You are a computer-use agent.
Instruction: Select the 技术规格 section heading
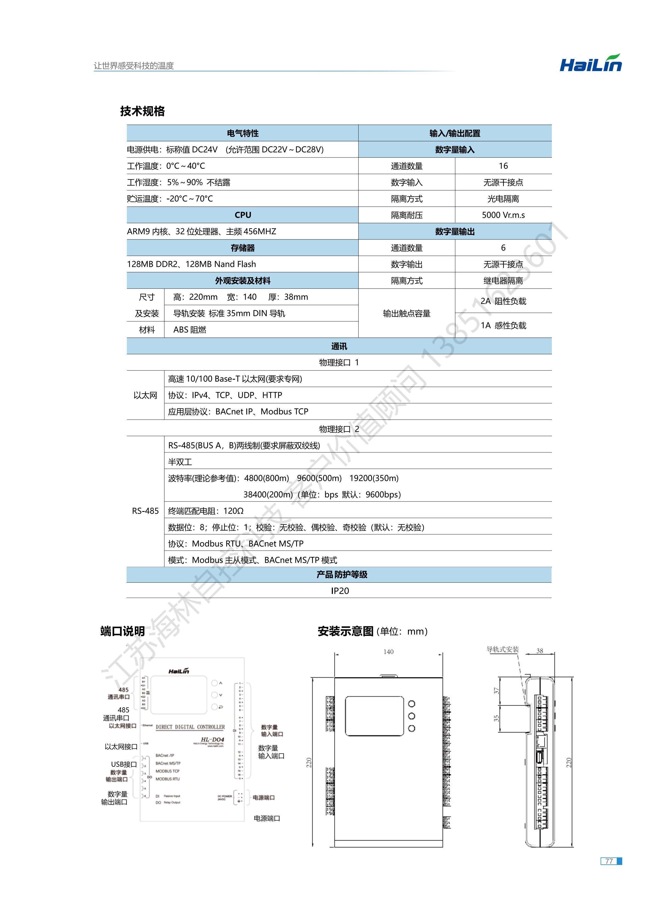click(142, 111)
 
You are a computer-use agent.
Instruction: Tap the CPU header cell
click(242, 215)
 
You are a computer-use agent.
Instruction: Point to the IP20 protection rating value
click(339, 591)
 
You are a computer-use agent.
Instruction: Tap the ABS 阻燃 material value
click(190, 330)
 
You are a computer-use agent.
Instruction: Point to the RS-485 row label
click(145, 511)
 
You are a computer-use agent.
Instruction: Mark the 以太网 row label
click(145, 395)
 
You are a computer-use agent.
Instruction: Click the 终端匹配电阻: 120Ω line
click(206, 511)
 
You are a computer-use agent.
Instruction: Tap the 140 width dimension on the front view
click(388, 652)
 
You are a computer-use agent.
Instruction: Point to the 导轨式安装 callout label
click(502, 649)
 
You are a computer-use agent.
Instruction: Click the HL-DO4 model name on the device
click(212, 740)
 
